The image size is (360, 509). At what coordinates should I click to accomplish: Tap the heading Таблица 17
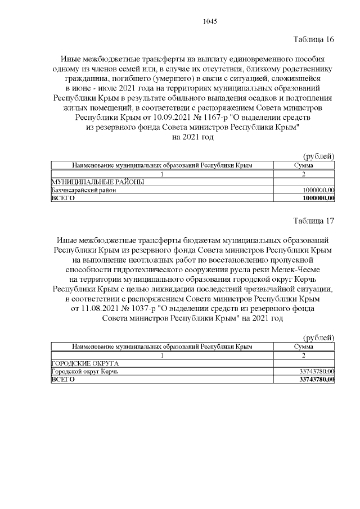(x=314, y=221)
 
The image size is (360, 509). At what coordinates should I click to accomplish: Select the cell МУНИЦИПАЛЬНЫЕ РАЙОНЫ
(x=97, y=182)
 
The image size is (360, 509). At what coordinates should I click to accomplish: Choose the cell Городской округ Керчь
(x=85, y=372)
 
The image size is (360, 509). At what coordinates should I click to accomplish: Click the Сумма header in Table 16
(x=304, y=165)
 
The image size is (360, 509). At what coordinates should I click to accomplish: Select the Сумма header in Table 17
(x=304, y=347)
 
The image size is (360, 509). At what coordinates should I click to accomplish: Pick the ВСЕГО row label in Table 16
(x=62, y=199)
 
